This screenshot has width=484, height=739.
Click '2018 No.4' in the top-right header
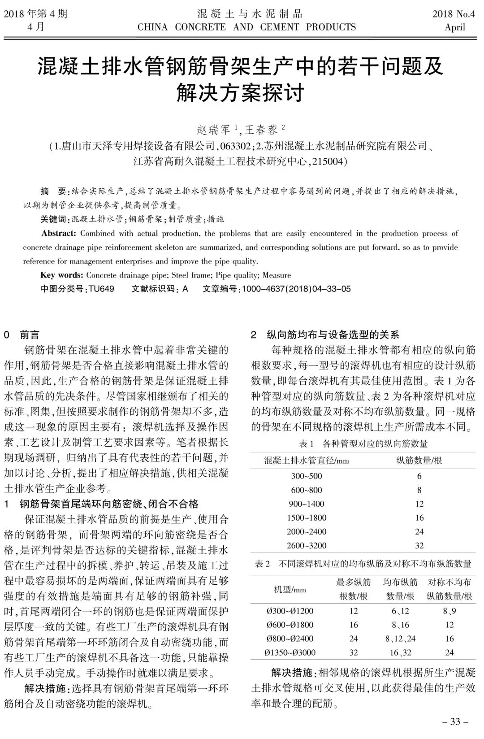pos(453,14)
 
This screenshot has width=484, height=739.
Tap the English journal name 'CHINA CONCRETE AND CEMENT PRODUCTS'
pos(246,27)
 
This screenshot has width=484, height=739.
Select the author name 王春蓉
pos(261,130)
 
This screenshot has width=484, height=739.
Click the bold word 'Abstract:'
pos(59,234)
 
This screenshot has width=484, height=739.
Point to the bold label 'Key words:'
pos(62,275)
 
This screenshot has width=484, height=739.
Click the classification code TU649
pos(101,289)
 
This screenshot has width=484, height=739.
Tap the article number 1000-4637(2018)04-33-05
pos(296,289)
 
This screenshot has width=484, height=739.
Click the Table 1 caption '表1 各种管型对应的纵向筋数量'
pos(363,444)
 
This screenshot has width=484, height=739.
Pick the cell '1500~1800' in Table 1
pos(307,518)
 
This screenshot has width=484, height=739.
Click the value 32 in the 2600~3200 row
pos(419,546)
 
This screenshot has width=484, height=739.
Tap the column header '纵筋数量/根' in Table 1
pos(419,461)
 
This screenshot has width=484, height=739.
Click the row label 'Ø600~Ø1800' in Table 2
pos(290,625)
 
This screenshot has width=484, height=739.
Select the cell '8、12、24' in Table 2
pos(400,639)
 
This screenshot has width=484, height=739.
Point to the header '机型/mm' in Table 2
pos(290,590)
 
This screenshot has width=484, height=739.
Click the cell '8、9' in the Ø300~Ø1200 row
pos(449,611)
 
